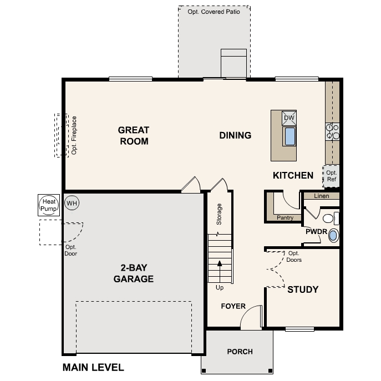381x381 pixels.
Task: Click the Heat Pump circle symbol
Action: [49, 205]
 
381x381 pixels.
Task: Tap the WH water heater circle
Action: [72, 203]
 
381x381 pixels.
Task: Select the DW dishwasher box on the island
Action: [289, 118]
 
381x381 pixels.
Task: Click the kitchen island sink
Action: [289, 136]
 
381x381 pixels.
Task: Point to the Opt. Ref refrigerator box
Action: [332, 175]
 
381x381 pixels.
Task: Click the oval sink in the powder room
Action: [333, 236]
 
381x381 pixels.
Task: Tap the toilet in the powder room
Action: [330, 217]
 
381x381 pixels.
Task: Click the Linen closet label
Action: [321, 196]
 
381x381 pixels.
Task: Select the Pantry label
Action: [285, 218]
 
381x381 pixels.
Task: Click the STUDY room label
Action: [303, 289]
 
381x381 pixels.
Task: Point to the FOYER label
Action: [233, 306]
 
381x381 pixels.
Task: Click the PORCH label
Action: [240, 352]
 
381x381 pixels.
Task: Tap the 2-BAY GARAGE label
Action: [133, 274]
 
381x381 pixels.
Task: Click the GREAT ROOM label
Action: [134, 136]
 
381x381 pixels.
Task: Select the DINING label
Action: [235, 135]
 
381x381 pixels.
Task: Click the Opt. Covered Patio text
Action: [214, 11]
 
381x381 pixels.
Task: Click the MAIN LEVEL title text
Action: [93, 367]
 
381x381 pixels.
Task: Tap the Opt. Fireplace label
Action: [74, 135]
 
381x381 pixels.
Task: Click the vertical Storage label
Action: [219, 215]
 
